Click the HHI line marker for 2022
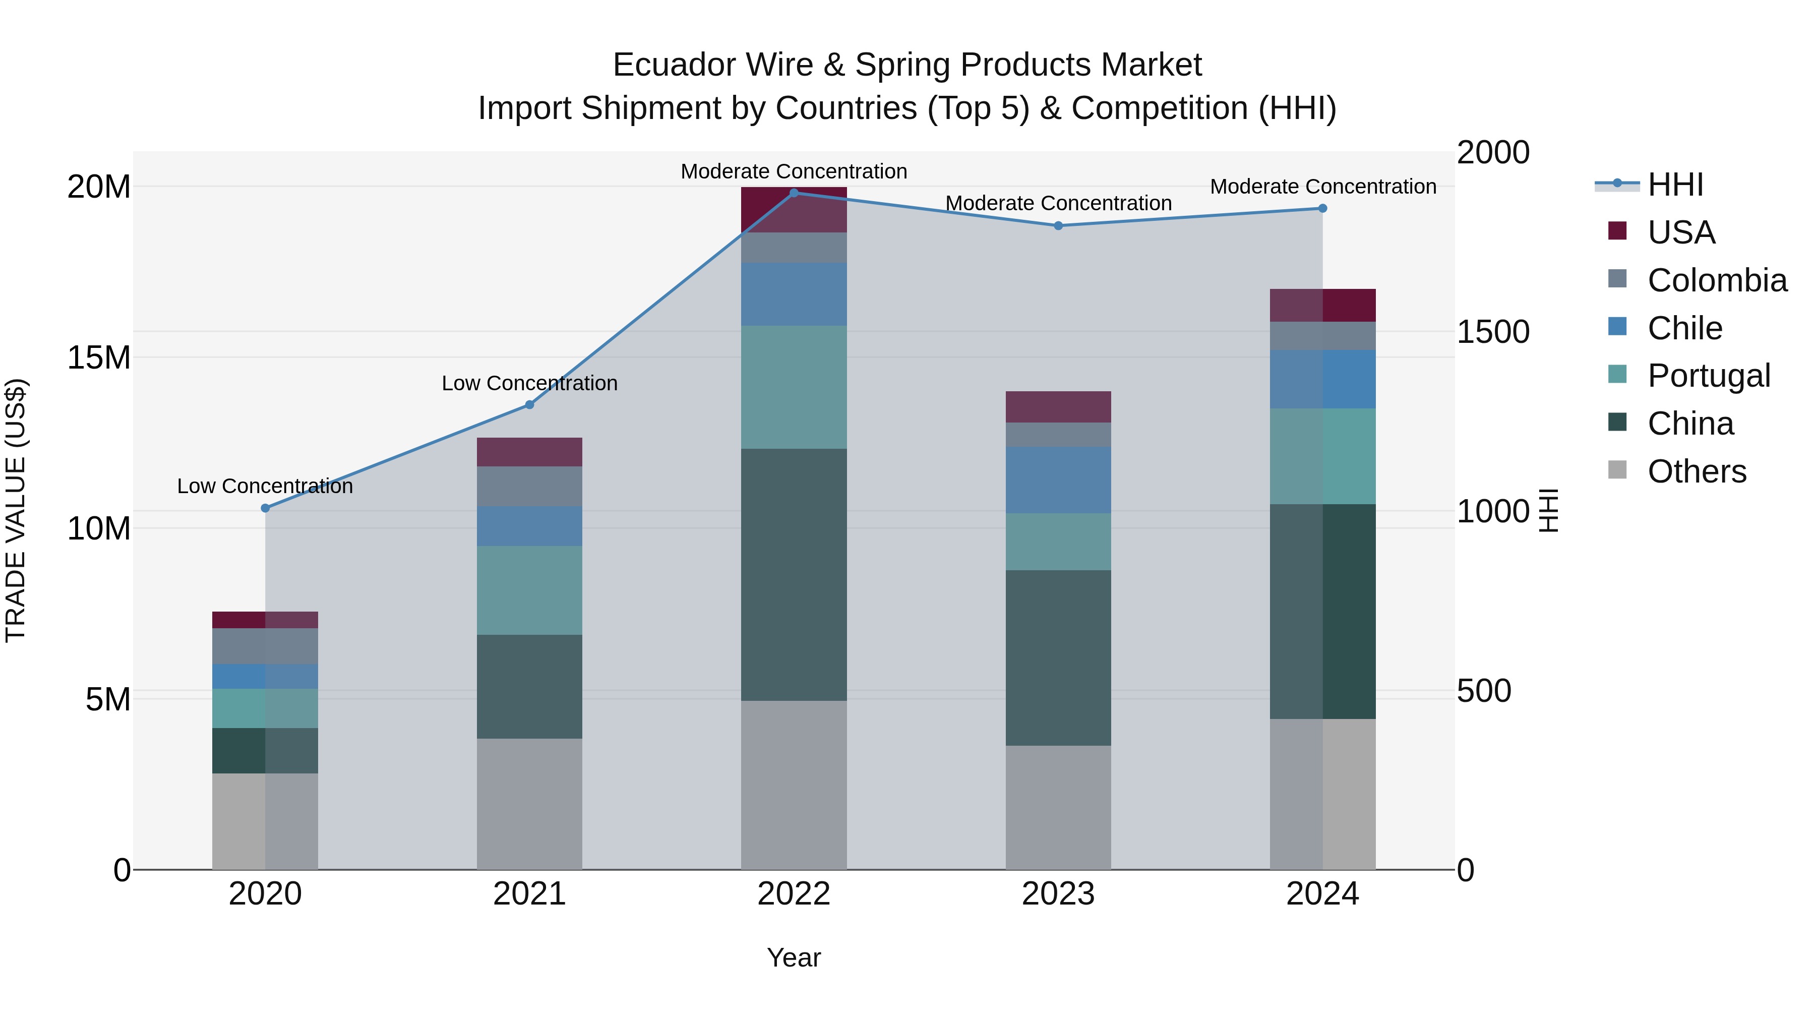[794, 193]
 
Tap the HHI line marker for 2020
[265, 508]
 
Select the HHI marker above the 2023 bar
[1058, 225]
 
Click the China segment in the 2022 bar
[794, 574]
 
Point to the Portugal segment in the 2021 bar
[529, 590]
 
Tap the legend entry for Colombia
[1716, 280]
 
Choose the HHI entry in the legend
[1675, 185]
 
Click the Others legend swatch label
[1697, 471]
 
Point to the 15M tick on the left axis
[99, 358]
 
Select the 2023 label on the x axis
[1058, 894]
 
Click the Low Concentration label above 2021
[529, 383]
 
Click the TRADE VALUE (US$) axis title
[16, 510]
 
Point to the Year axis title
[794, 957]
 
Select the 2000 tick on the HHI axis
[1492, 153]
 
